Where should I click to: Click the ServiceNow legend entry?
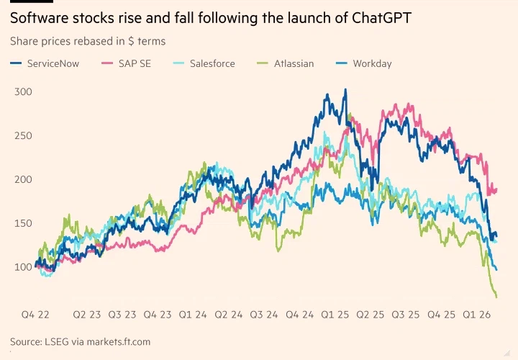(x=53, y=63)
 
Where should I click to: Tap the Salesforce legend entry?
(x=212, y=63)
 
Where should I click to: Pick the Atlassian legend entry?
(x=294, y=63)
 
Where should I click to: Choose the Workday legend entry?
(x=372, y=63)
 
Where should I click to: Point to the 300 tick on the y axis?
(x=24, y=92)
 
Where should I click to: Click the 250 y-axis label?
(x=24, y=135)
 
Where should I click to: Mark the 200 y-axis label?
(x=24, y=179)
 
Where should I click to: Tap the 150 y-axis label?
(x=24, y=223)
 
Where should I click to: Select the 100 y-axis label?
(x=24, y=267)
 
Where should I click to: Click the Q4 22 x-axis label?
(x=34, y=315)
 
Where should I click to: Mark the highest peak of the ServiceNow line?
(x=345, y=90)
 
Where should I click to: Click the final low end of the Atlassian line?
(x=496, y=297)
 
